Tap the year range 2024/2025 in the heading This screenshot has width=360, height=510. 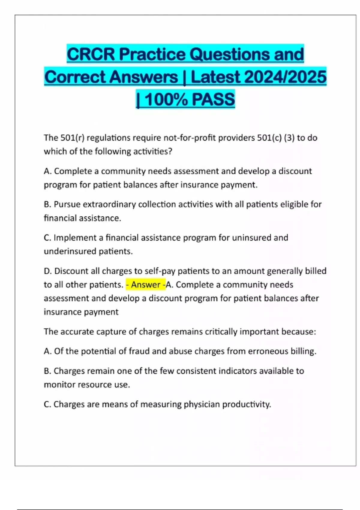tap(285, 77)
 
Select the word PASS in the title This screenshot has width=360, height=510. tap(213, 100)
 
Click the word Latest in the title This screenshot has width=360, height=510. tap(215, 77)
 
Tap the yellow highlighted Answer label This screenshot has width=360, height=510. tap(145, 284)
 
